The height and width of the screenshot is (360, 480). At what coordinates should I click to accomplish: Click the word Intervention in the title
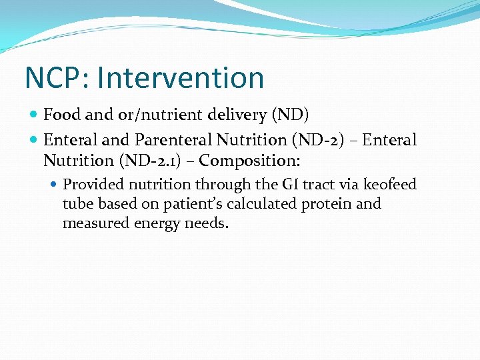[181, 78]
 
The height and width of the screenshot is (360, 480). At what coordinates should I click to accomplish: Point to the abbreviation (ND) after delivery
[290, 115]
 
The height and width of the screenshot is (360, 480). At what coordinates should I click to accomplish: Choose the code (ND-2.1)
[155, 161]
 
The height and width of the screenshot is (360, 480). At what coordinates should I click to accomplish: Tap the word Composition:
[250, 161]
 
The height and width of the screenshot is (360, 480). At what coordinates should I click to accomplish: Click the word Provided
[93, 184]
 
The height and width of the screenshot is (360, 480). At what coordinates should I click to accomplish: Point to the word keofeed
[389, 184]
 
